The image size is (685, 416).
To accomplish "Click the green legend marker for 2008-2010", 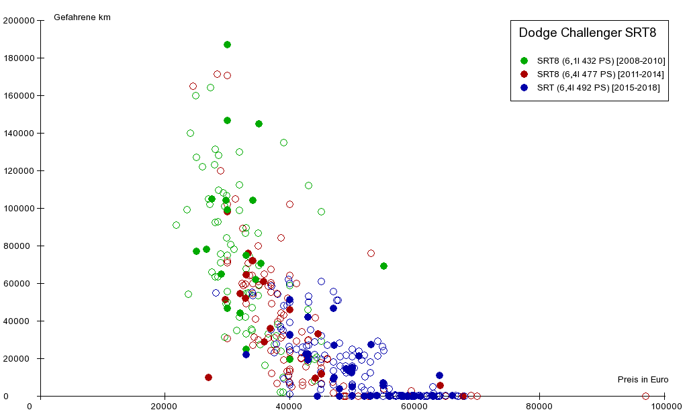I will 524,61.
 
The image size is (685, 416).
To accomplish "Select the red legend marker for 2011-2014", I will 524,74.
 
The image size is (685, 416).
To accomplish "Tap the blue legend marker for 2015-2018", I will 524,88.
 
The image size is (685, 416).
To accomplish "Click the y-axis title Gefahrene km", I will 82,17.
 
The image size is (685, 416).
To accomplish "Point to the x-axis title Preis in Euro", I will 643,380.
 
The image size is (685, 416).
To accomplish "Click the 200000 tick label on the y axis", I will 19,20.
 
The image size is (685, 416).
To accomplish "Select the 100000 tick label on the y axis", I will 19,208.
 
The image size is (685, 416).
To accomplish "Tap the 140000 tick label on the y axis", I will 19,133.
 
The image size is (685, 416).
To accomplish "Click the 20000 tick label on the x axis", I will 165,406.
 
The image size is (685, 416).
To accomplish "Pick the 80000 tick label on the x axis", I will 539,406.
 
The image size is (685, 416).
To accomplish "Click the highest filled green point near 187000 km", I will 227,44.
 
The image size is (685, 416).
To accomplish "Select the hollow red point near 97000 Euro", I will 645,396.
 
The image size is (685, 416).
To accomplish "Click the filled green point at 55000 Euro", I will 383,266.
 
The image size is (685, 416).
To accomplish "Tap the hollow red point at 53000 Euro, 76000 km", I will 371,253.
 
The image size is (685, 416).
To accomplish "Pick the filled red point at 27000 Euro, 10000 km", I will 208,377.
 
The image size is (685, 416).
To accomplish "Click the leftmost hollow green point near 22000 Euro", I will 176,225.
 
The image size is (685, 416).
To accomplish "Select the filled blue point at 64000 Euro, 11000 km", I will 439,376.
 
